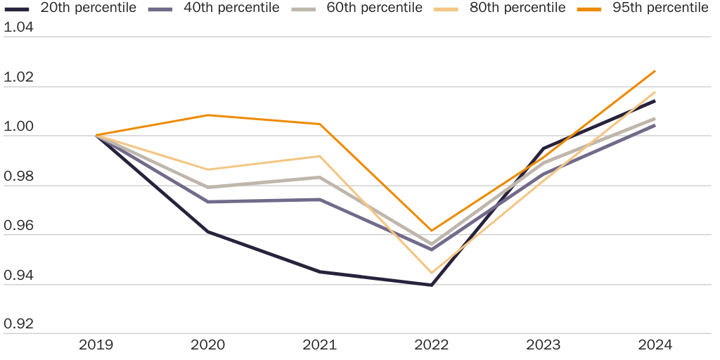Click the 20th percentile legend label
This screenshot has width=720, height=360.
click(x=88, y=8)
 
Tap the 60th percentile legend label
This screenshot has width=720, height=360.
click(x=374, y=8)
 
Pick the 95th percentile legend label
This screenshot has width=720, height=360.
click(x=660, y=8)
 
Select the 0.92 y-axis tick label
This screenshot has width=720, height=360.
click(x=19, y=325)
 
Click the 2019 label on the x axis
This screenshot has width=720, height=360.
click(x=96, y=345)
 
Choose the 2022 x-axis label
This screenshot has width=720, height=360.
click(x=432, y=345)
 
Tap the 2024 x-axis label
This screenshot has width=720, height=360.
click(x=655, y=345)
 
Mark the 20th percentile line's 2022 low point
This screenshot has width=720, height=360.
click(x=431, y=285)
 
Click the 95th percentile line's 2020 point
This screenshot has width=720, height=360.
click(x=208, y=115)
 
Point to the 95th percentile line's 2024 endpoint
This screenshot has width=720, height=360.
click(x=655, y=71)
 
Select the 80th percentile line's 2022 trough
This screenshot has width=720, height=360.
click(x=431, y=273)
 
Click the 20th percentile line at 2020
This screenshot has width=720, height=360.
click(x=208, y=231)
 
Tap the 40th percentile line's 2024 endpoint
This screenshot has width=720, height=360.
click(x=655, y=125)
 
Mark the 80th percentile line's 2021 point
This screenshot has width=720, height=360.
click(x=320, y=156)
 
